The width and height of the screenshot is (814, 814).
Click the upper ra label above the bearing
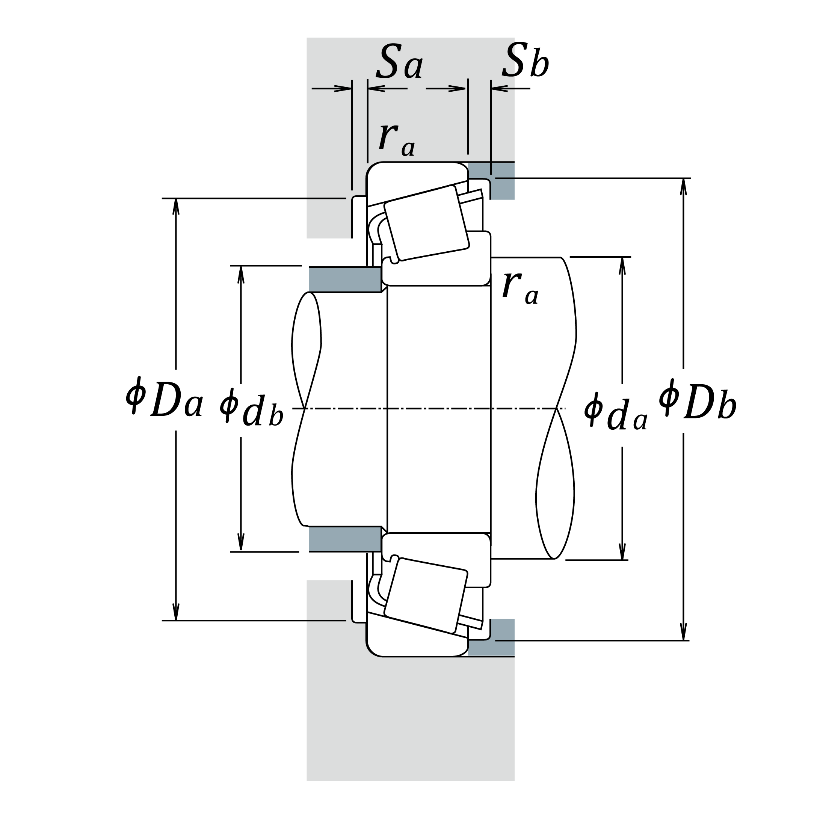pos(397,139)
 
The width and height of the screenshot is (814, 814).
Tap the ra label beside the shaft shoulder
pos(520,287)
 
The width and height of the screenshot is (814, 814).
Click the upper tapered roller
pos(426,223)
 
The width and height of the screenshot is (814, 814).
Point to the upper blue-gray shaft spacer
pos(344,279)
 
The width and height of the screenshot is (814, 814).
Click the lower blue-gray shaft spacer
pos(344,539)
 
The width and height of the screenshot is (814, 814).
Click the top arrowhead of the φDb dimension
pos(683,186)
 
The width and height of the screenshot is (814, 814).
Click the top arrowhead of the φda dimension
pos(622,264)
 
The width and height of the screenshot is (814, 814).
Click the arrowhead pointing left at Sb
pos(498,89)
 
